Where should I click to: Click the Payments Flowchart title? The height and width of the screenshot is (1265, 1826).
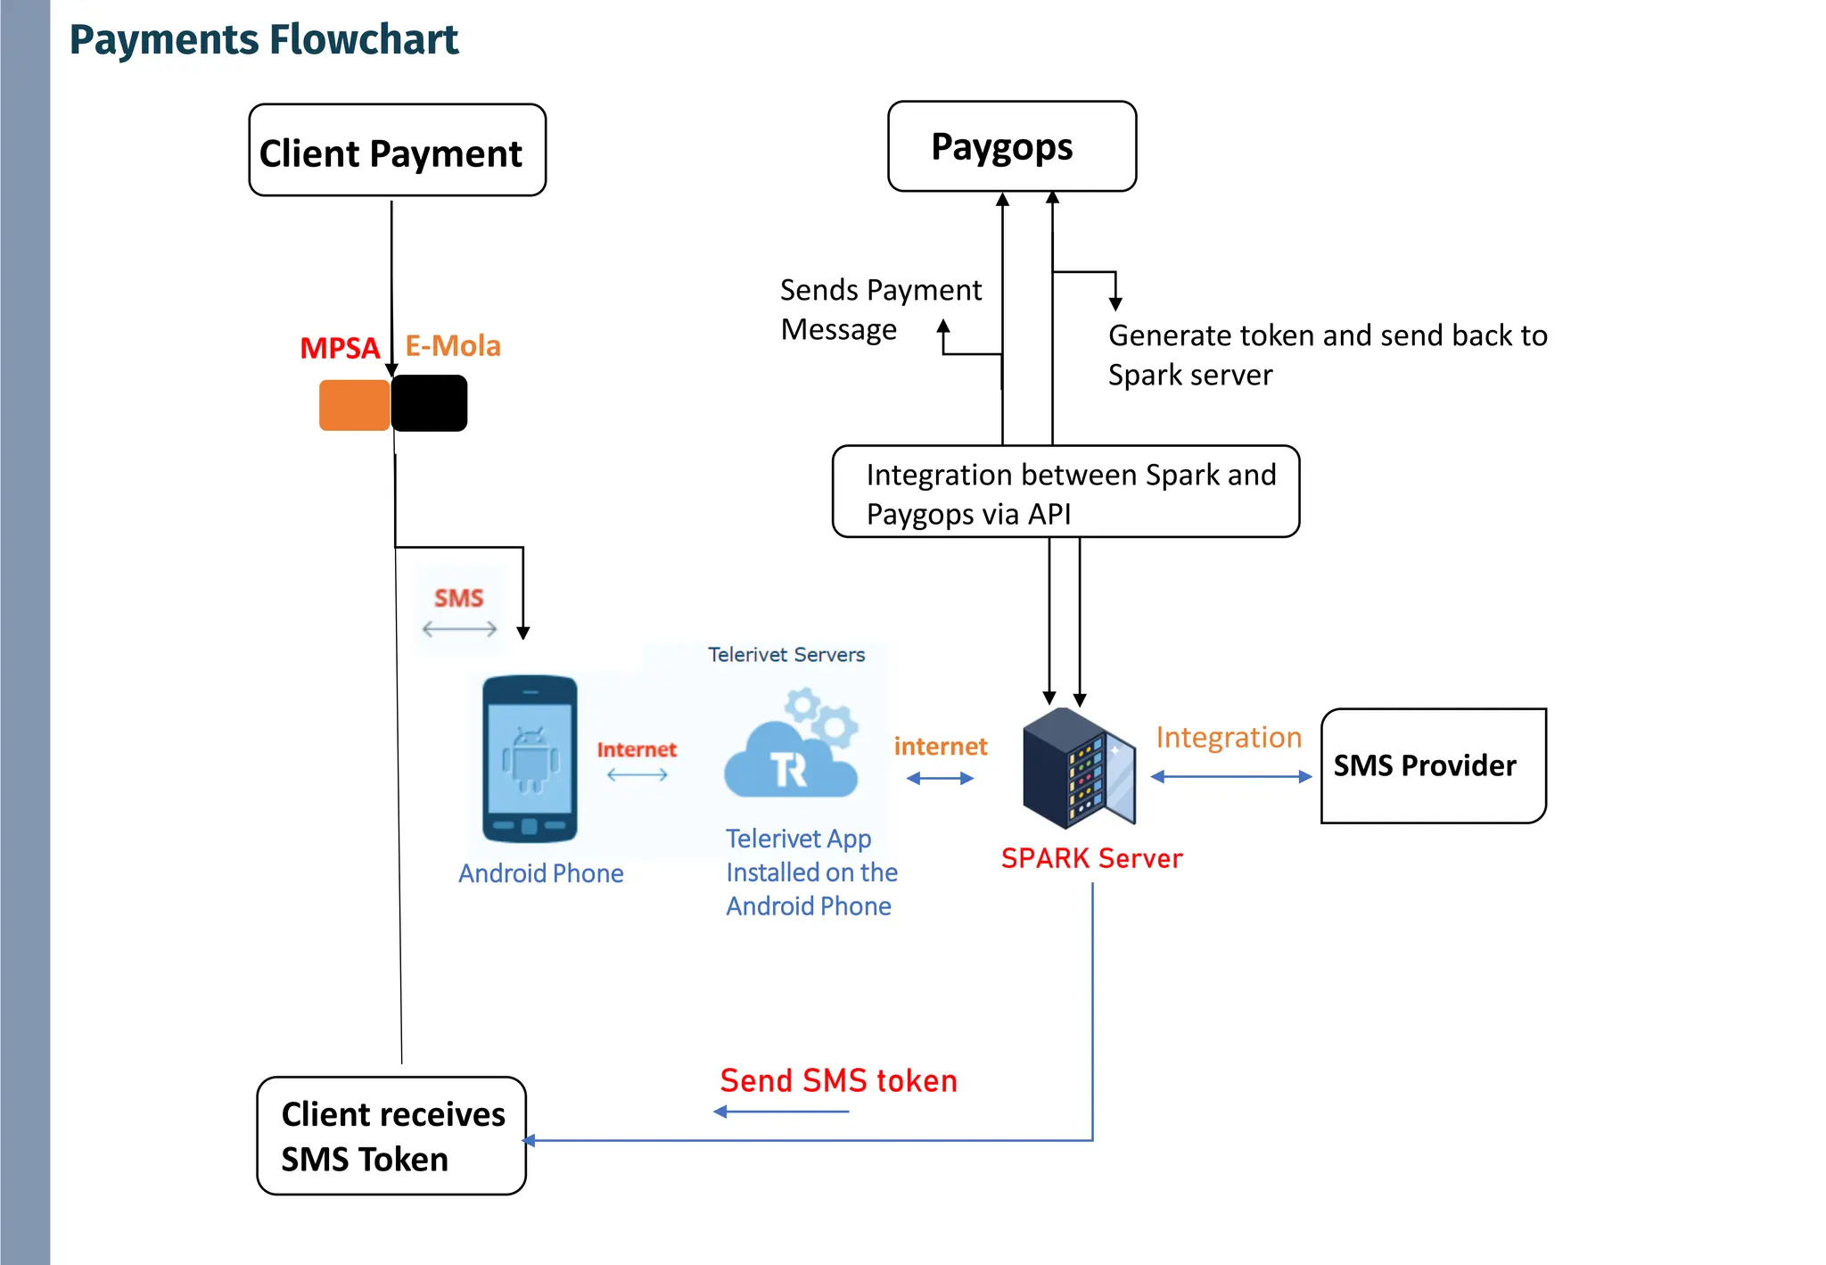(x=263, y=40)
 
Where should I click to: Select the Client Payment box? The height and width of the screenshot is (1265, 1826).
(x=397, y=151)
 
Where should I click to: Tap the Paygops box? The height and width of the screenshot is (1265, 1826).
(x=1011, y=146)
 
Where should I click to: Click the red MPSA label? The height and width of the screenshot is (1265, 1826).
(x=340, y=348)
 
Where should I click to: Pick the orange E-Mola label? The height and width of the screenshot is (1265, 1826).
(x=453, y=346)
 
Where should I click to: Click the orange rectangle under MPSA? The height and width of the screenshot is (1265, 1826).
(x=354, y=405)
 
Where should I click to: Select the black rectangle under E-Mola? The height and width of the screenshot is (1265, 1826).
(x=429, y=403)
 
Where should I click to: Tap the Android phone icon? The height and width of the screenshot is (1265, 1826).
(x=530, y=759)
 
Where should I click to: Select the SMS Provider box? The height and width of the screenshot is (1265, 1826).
(x=1433, y=765)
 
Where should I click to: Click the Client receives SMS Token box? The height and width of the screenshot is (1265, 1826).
(x=391, y=1136)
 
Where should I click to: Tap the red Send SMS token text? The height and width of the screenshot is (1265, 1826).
(x=838, y=1081)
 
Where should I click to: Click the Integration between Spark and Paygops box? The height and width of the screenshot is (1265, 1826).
(x=1065, y=492)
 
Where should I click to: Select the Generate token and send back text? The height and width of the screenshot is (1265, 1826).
(x=1326, y=354)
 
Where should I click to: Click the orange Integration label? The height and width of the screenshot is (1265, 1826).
(x=1228, y=738)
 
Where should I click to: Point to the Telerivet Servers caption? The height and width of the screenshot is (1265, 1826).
(x=786, y=655)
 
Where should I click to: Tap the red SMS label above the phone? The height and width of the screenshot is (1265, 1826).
(x=458, y=598)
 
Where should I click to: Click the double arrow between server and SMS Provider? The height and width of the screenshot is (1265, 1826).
(x=1230, y=777)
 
